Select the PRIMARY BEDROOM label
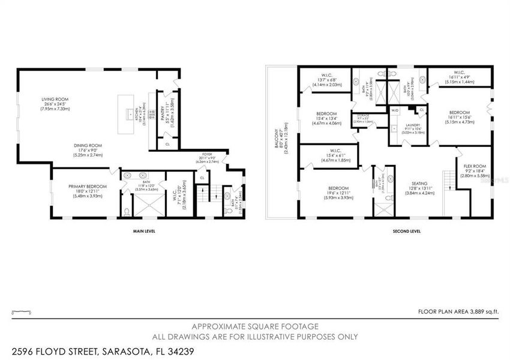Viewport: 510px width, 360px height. click(88, 187)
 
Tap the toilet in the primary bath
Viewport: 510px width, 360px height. click(127, 211)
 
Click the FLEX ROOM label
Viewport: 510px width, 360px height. click(474, 166)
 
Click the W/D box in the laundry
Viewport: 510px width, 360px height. click(395, 111)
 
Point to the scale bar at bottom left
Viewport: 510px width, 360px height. click(22, 311)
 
